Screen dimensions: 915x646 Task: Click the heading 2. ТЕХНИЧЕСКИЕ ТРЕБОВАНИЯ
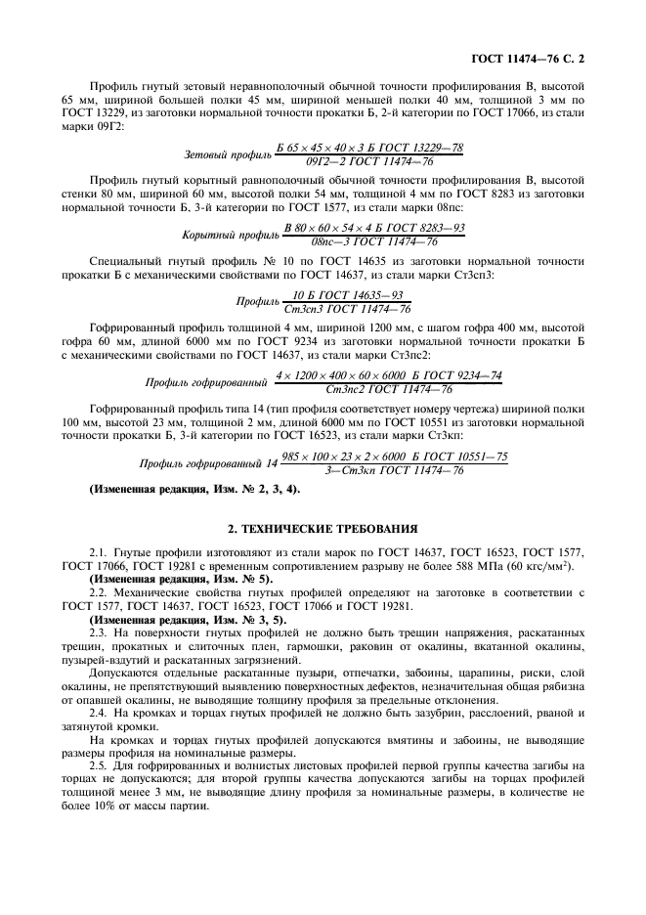click(323, 529)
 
